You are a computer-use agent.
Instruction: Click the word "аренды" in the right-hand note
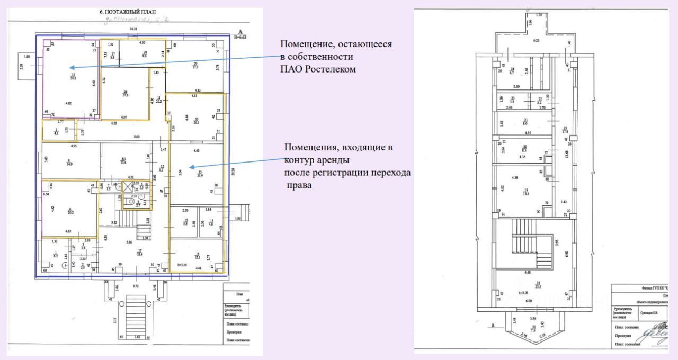333,160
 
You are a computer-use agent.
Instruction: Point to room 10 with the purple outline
73,77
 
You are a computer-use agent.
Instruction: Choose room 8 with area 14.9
69,163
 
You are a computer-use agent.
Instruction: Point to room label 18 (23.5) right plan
538,286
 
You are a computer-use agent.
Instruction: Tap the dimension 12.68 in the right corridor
568,154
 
